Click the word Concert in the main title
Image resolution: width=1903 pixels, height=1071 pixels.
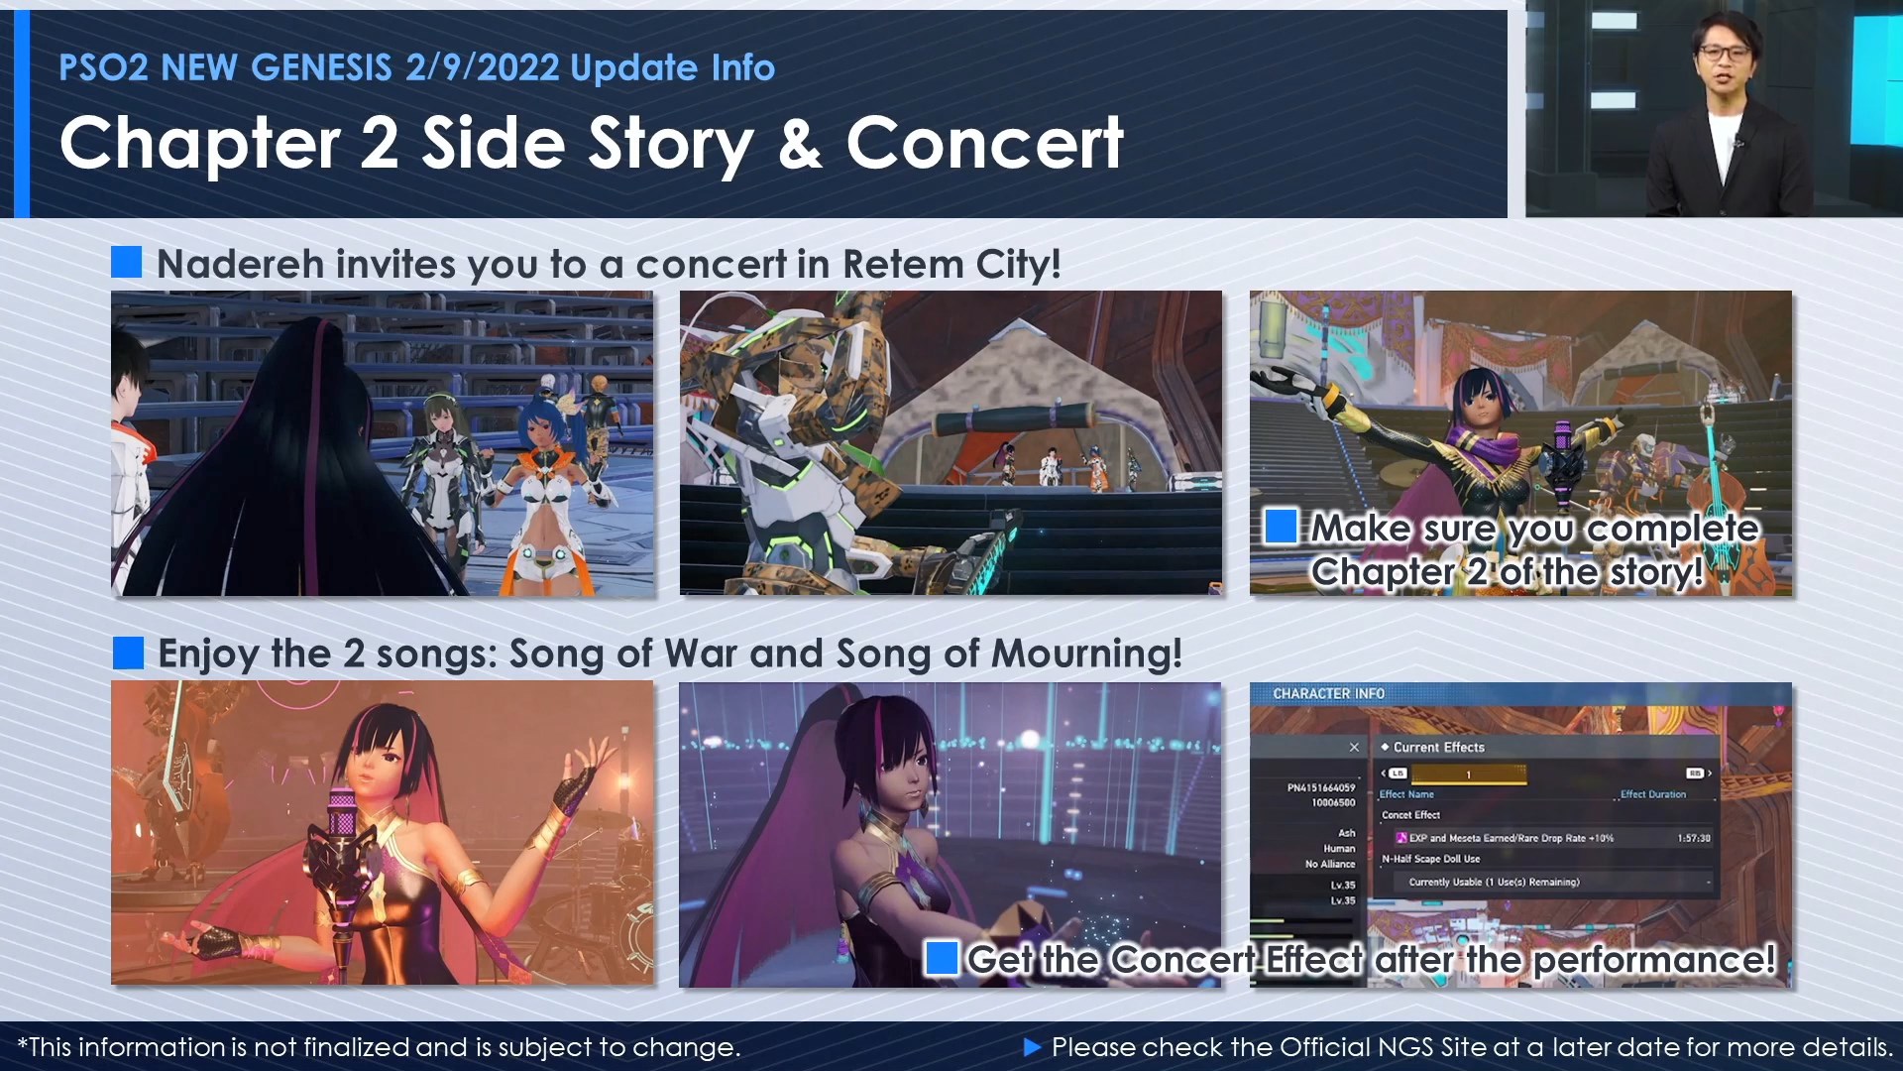click(984, 143)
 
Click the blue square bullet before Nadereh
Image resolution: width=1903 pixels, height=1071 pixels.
click(126, 263)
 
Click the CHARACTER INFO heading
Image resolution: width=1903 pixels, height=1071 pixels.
click(1328, 693)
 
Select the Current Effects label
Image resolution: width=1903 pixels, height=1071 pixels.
click(1438, 747)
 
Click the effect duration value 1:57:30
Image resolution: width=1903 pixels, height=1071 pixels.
click(1693, 838)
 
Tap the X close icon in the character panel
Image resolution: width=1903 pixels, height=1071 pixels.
click(1354, 747)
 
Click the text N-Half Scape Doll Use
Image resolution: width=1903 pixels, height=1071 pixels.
click(1430, 859)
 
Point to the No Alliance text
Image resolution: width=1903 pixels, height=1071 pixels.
click(1329, 864)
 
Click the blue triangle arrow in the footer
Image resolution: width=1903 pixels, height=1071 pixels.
click(1032, 1046)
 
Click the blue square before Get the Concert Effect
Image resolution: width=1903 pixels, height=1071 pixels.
click(941, 958)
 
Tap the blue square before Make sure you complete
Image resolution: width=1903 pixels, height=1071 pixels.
click(1281, 527)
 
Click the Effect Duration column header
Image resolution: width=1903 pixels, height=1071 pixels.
click(1652, 794)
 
